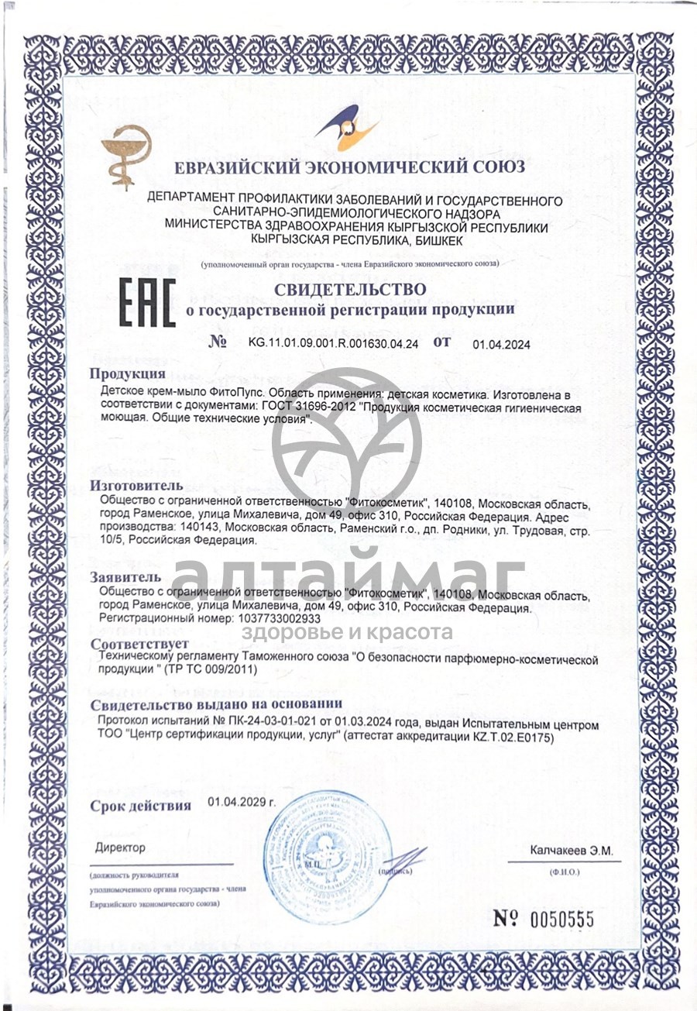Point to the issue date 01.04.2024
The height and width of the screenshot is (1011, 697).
pos(501,346)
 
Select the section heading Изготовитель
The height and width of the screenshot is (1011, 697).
pos(137,486)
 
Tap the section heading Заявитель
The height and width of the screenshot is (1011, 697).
pos(126,577)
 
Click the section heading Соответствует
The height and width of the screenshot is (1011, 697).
pos(140,645)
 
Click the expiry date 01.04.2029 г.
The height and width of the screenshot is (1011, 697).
pos(242,803)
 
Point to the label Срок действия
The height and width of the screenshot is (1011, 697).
pos(140,806)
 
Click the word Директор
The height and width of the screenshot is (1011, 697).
pos(120,848)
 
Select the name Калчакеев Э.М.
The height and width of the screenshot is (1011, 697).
pos(572,851)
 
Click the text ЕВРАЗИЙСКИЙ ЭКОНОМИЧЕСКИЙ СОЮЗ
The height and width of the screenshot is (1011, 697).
pos(350,167)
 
